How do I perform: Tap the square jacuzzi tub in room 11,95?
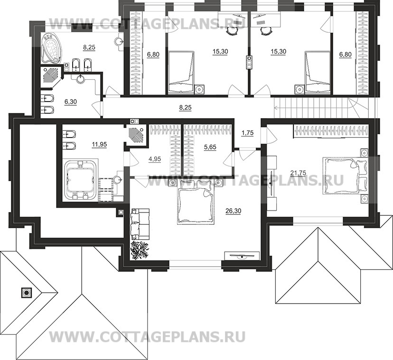pos(80,179)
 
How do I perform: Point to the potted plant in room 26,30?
pos(140,249)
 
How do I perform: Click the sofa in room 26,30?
pos(139,222)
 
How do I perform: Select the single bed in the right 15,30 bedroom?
pos(317,72)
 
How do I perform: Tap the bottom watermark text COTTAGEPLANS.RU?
pos(148,338)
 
